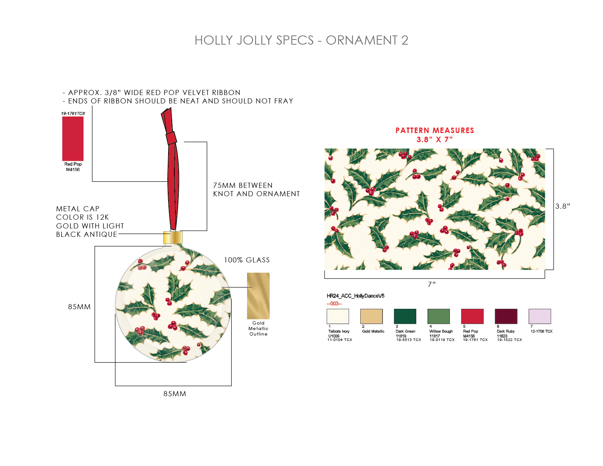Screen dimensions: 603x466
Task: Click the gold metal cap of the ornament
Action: coord(172,237)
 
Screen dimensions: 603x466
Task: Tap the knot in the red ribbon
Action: coord(171,138)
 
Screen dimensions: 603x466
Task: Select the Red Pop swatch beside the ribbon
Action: coord(73,139)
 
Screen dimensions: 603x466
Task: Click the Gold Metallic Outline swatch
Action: coord(258,296)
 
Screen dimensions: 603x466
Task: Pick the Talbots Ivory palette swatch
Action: coord(337,316)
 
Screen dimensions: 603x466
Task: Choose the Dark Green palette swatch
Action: coord(405,316)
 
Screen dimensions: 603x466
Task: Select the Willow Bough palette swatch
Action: coord(439,316)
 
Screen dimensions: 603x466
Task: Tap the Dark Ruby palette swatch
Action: coord(506,316)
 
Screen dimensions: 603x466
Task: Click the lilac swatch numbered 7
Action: coord(539,316)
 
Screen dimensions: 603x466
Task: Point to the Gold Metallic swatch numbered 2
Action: coord(371,316)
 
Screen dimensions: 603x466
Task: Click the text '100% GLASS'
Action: coord(247,260)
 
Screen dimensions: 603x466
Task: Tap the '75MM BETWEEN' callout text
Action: coord(243,185)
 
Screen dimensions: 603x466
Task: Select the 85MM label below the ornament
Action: coord(175,394)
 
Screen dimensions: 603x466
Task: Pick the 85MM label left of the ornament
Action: coord(79,307)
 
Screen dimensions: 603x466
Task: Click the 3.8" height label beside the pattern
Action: coord(562,206)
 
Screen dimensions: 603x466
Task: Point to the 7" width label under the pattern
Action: coord(432,284)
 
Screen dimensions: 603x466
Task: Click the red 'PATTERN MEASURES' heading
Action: coord(435,130)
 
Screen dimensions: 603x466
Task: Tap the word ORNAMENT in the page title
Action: coord(361,40)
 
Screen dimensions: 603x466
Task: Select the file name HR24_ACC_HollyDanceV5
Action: coord(355,296)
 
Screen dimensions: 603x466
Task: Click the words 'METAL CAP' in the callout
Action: coord(77,209)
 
